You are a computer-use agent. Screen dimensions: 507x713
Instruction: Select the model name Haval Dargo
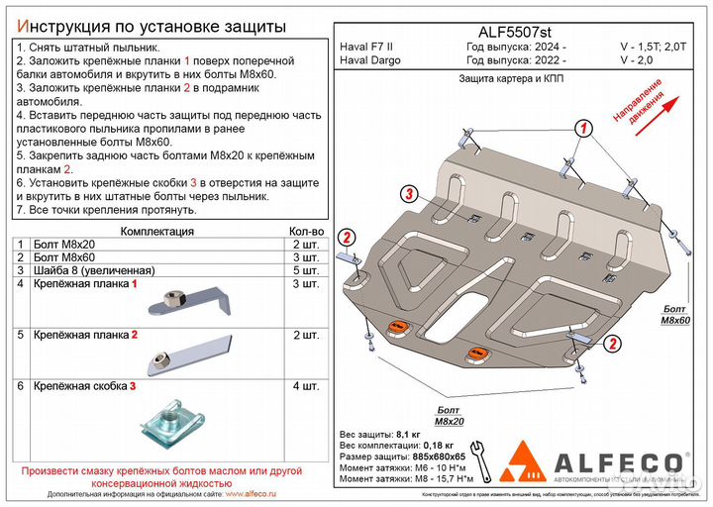pos(369,61)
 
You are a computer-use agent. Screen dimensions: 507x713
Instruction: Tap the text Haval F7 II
pos(366,48)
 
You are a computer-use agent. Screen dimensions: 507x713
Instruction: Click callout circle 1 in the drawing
pos(584,129)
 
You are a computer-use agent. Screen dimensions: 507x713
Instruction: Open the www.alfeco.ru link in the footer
pos(252,491)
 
